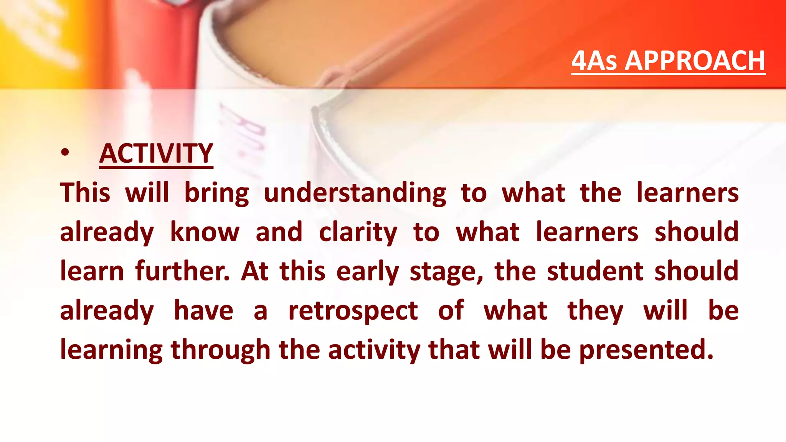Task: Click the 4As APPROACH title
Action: (668, 61)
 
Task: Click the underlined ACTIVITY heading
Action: (156, 153)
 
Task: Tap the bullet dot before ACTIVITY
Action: (65, 153)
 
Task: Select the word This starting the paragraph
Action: (85, 193)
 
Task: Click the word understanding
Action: (355, 193)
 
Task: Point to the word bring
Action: (216, 193)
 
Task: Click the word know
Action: (205, 232)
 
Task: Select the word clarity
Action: (358, 233)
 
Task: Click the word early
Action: (367, 272)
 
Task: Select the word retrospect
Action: (353, 311)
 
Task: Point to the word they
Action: (595, 311)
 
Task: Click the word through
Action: (220, 350)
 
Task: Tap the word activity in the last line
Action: (374, 350)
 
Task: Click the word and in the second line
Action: (279, 232)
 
